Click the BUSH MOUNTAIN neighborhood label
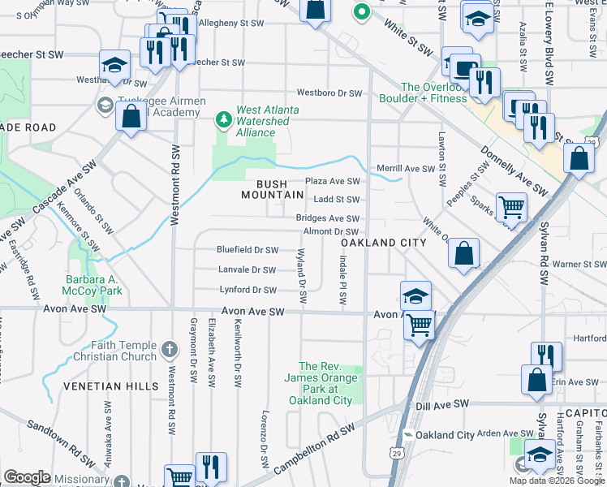[273, 189]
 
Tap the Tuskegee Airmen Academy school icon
[104, 105]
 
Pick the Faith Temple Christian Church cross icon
[169, 350]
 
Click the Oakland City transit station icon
[408, 435]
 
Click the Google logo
[27, 476]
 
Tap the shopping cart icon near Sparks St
[511, 207]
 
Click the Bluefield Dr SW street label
[247, 250]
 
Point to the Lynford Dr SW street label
[248, 290]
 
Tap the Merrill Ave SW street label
[407, 169]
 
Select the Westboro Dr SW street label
[329, 93]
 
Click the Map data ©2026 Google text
[557, 481]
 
